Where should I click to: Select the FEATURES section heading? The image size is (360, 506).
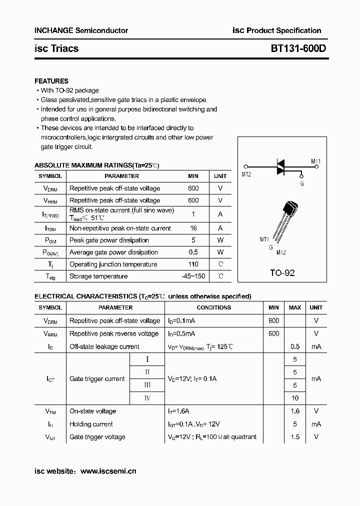point(51,81)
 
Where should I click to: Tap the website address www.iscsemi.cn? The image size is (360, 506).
point(108,471)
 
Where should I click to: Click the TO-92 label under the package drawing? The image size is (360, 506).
point(282,273)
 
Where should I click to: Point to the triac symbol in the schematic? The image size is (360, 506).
point(281,166)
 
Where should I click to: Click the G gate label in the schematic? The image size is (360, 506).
point(301,183)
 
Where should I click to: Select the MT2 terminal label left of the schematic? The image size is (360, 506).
point(245,174)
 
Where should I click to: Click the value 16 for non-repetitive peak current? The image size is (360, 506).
point(193,228)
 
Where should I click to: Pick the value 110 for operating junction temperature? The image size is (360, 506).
point(193,264)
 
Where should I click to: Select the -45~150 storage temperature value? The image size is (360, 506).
point(193,276)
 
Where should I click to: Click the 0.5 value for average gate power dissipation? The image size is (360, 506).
point(193,252)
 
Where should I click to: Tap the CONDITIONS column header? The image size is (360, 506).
point(213,307)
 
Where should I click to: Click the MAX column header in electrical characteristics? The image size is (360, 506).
point(295,307)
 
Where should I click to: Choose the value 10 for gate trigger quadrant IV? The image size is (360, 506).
point(295,398)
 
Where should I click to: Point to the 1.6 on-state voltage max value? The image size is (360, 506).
point(295,411)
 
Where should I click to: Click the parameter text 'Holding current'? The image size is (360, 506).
point(91,424)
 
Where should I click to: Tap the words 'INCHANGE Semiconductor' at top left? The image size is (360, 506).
point(81,30)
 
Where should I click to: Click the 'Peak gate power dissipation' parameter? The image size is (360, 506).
point(109,240)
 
